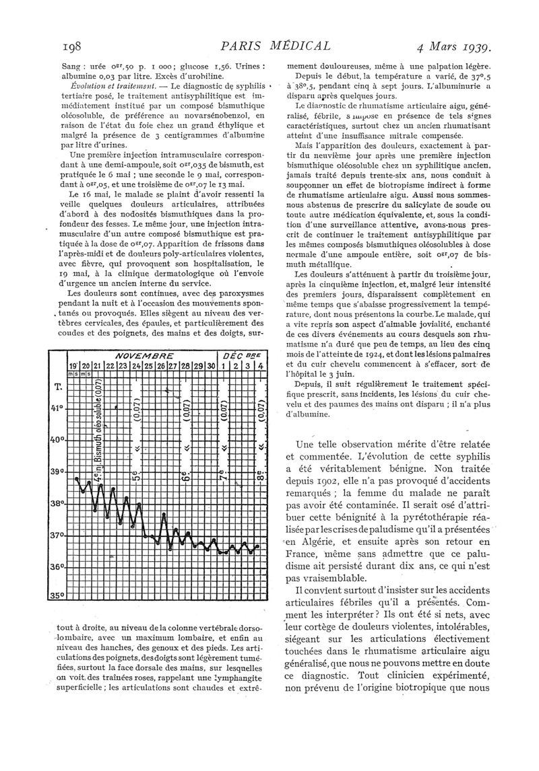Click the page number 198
(x=71, y=46)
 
